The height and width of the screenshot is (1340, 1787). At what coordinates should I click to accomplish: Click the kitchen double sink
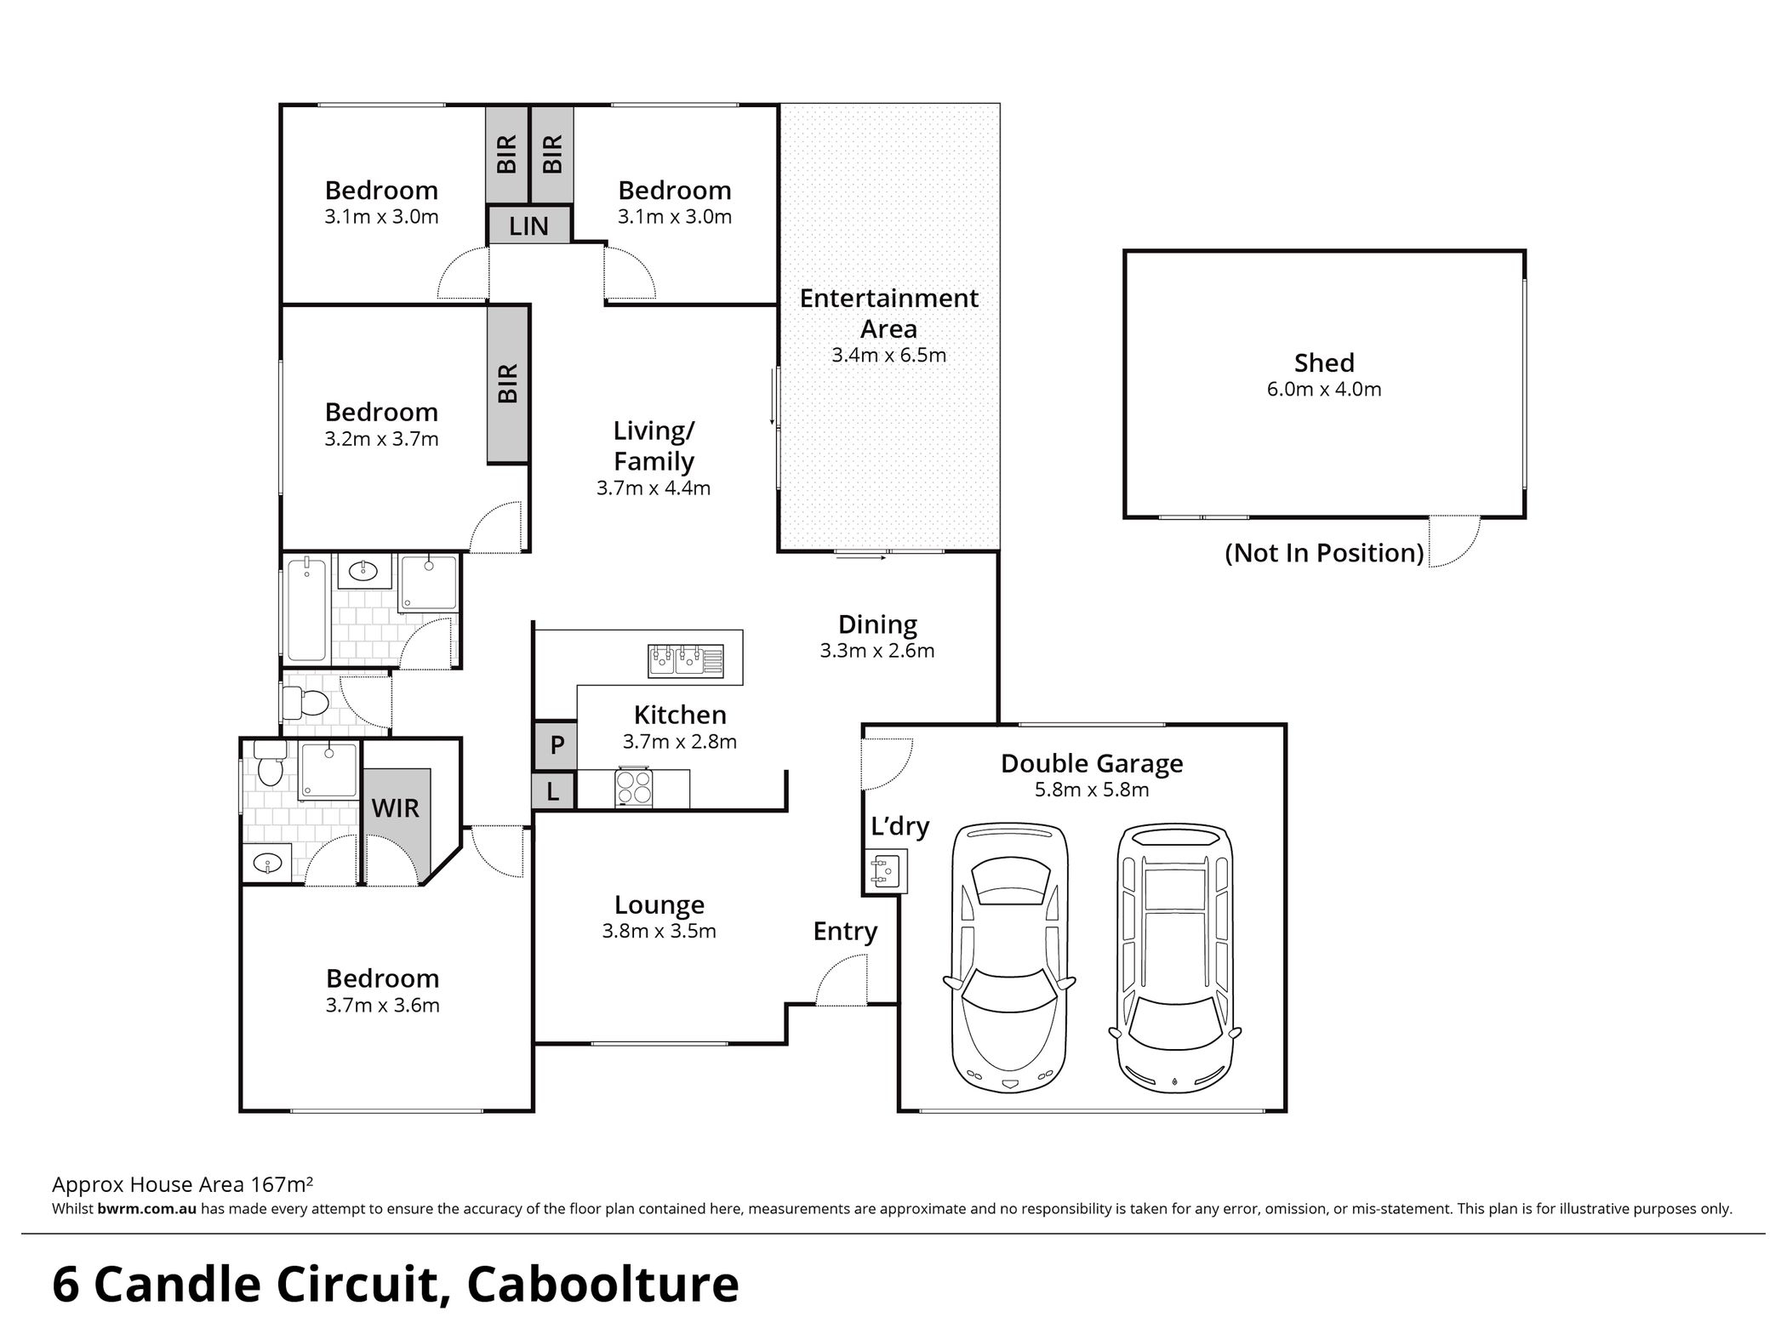pyautogui.click(x=686, y=660)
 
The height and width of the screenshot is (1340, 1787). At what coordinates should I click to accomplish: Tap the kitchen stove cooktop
pyautogui.click(x=633, y=787)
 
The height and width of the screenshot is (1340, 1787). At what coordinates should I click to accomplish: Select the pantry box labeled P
pyautogui.click(x=556, y=745)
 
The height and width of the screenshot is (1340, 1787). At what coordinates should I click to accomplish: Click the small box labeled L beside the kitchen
pyautogui.click(x=553, y=792)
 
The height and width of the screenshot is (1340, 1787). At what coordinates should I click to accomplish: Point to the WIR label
pyautogui.click(x=396, y=807)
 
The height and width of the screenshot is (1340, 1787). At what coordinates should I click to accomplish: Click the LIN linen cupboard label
pyautogui.click(x=528, y=226)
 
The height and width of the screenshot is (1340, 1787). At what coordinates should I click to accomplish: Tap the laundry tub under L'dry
pyautogui.click(x=884, y=871)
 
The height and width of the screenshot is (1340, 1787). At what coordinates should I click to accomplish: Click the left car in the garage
pyautogui.click(x=1009, y=957)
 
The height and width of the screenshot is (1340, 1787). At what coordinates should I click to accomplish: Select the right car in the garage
pyautogui.click(x=1174, y=957)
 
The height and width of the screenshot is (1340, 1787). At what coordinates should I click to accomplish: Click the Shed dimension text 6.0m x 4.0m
pyautogui.click(x=1323, y=390)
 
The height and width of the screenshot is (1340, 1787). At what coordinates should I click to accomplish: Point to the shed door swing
pyautogui.click(x=1453, y=541)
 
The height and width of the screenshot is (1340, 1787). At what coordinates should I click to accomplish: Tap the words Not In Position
pyautogui.click(x=1323, y=553)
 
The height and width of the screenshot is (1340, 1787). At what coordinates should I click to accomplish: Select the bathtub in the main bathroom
pyautogui.click(x=306, y=607)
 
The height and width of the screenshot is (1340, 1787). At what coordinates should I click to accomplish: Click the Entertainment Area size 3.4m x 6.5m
pyautogui.click(x=888, y=356)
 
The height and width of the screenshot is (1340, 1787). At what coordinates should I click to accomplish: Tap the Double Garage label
pyautogui.click(x=1091, y=763)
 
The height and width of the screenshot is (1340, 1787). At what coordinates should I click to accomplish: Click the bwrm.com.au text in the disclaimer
pyautogui.click(x=146, y=1209)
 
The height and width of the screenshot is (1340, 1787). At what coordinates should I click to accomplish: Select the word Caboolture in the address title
pyautogui.click(x=602, y=1285)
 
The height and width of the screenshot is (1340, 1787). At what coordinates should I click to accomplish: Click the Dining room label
pyautogui.click(x=877, y=624)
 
